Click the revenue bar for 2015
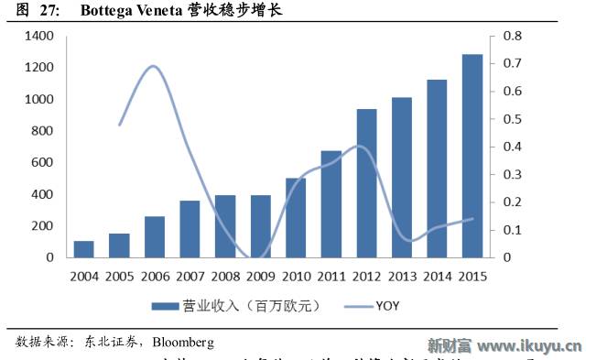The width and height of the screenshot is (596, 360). point(472,156)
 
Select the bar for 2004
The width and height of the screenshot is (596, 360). point(84,249)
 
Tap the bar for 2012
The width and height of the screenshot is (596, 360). point(366,183)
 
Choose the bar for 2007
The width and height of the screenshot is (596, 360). point(190,229)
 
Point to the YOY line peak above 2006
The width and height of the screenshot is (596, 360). point(154,66)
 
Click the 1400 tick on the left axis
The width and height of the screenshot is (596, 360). point(40,36)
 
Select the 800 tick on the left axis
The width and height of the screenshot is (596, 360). point(43,131)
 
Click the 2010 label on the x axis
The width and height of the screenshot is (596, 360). point(296,275)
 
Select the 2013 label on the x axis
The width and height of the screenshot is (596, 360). point(402,275)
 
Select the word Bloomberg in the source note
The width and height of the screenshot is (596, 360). point(183,342)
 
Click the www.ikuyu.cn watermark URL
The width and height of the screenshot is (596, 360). point(530,345)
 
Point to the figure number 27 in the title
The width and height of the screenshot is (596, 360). point(49,11)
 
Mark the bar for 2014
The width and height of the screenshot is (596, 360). point(437,169)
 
